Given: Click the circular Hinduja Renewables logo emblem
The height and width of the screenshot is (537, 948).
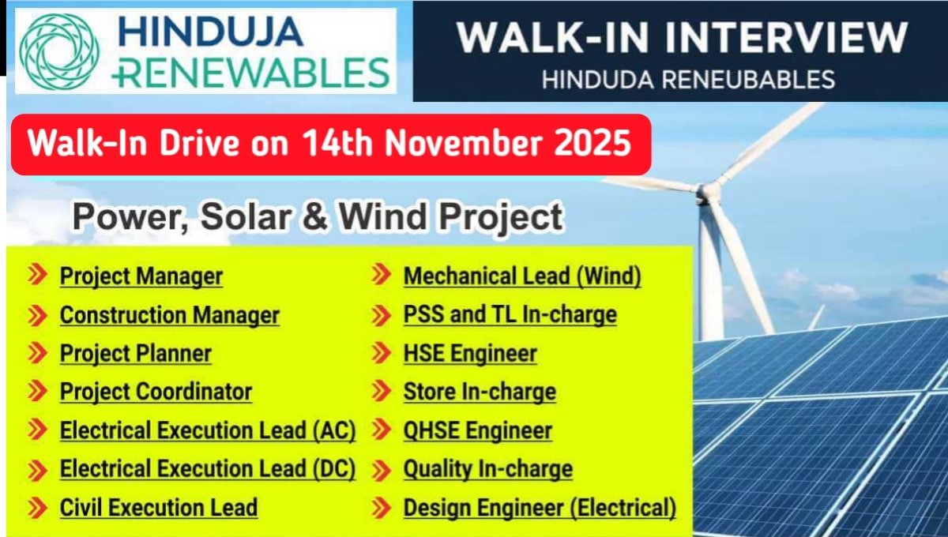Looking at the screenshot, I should point(58,51).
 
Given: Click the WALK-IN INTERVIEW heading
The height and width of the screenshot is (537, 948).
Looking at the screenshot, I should point(682,38).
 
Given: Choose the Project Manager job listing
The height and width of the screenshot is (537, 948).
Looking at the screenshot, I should point(141,276).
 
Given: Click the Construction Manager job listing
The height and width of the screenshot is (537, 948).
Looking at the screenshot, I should point(170,315).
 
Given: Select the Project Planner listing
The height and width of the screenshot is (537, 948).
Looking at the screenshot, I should point(136,353).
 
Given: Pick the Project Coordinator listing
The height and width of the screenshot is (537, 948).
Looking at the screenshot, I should point(156,392).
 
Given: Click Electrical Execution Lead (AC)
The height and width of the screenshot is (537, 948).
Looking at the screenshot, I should point(208,430).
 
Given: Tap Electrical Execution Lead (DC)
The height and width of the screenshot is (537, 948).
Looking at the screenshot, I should point(208,469).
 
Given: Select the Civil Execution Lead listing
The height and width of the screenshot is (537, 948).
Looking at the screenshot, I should point(159,507).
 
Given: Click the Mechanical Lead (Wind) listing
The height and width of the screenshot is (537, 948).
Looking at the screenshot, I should point(522,276).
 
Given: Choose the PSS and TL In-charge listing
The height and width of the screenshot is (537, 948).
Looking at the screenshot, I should point(510,315).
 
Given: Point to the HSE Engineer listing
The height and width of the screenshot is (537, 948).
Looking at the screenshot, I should point(470,353).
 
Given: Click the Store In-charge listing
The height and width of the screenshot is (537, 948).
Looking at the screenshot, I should point(480,392).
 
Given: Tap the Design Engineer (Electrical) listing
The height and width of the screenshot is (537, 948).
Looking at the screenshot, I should point(540,507).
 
